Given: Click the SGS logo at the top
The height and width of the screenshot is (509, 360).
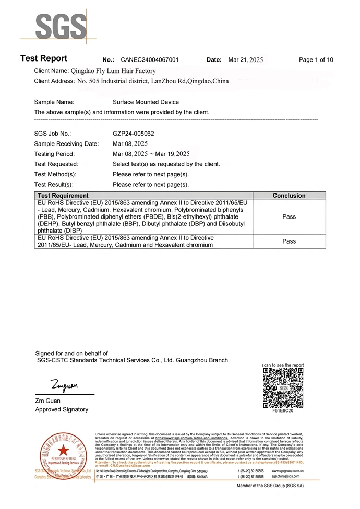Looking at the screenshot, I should coord(53,26).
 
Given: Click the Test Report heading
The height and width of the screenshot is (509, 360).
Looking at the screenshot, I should coord(44,58).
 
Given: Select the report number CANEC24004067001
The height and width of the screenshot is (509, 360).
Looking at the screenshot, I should coord(149,60).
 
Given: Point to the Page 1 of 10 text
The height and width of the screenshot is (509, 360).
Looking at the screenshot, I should coord(316,60).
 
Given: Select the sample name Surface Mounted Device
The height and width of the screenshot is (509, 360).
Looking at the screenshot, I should coord(146,102).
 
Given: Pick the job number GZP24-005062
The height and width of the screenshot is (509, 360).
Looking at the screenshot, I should coord(133,134).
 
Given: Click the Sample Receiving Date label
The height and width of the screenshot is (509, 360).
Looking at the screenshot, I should coord(66,144).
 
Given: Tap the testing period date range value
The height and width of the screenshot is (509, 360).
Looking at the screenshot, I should coord(151,154).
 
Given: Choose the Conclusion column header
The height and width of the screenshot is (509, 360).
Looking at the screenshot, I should coord(289,196).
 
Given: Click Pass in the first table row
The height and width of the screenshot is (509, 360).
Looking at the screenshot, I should coord(289,216).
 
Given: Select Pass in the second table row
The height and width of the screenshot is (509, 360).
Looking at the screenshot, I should coord(289,241).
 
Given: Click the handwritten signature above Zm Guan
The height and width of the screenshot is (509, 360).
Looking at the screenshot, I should coord(64,386).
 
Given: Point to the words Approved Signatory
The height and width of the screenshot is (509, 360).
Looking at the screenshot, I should coord(62,409).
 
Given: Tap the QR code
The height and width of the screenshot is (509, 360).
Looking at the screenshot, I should coord(283,387).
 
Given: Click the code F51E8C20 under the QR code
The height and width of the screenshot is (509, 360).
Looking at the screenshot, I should coord(283,411).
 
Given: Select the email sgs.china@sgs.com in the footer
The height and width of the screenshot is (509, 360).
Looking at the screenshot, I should coord(285,476).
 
